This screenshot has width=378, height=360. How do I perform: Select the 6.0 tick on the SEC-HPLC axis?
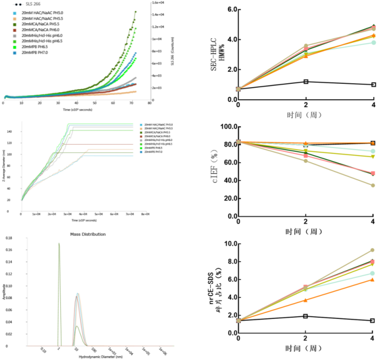coord(231,10)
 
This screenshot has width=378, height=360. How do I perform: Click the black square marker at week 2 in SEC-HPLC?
coord(306,82)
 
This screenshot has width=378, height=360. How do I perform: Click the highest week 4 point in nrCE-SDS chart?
coord(373,250)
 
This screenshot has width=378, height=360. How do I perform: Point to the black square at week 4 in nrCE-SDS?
coord(373,321)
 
